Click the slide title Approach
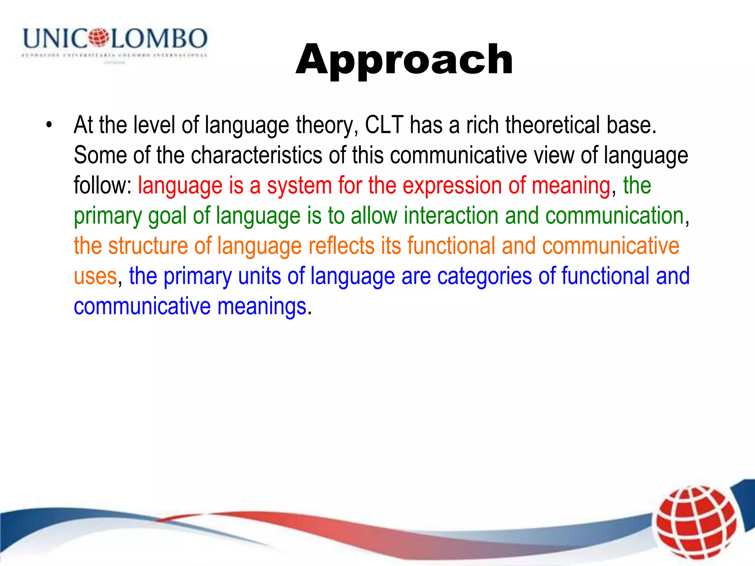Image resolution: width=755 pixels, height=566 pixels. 404,60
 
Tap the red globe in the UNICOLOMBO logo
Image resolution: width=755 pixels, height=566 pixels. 99,38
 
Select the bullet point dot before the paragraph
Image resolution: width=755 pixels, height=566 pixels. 49,125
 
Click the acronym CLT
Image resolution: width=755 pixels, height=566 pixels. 384,125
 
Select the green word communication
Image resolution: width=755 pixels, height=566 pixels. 615,216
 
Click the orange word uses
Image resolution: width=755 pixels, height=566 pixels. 95,276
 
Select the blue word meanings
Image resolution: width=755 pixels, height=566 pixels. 262,307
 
